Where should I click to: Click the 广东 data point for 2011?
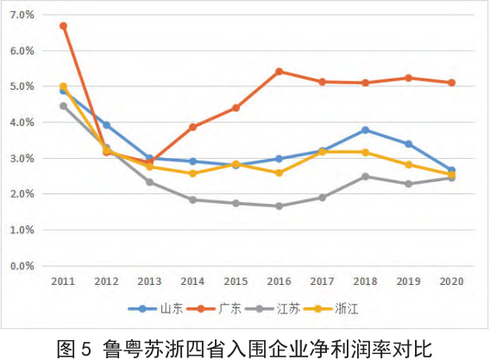click(63, 26)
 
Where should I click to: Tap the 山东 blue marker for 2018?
click(366, 130)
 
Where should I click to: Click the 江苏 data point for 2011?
click(63, 106)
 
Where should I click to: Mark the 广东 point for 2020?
click(452, 83)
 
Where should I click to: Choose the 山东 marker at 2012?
click(106, 125)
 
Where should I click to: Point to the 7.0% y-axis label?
click(22, 16)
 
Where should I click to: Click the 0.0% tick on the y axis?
click(22, 266)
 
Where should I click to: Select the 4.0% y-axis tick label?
click(22, 123)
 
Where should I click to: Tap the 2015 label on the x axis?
click(236, 281)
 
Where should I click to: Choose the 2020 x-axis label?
click(452, 281)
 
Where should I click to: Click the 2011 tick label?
click(63, 281)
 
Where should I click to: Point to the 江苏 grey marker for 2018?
click(366, 177)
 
